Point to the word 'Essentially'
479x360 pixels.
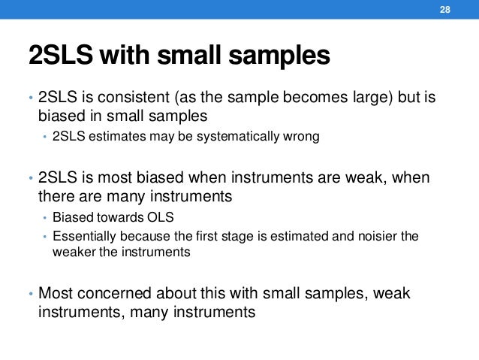79,236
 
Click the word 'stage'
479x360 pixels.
223,236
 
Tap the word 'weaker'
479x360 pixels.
71,252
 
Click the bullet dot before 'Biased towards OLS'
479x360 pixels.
45,219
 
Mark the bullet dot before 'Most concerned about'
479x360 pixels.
30,294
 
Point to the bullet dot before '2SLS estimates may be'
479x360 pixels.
45,138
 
